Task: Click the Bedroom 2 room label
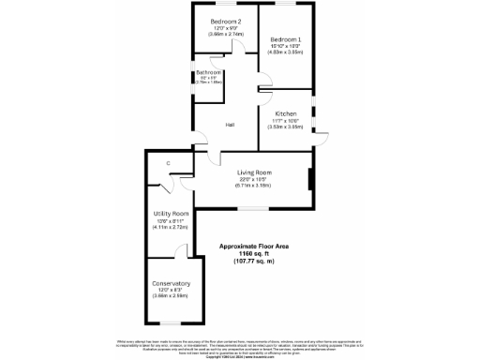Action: click(226, 22)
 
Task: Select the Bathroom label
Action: click(208, 72)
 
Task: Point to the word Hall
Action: click(229, 124)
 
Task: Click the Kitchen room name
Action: click(286, 113)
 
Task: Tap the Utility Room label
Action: click(171, 215)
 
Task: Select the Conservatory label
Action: click(171, 283)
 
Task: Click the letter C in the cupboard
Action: click(168, 164)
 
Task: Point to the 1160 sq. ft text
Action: click(253, 254)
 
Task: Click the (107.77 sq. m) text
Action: click(253, 262)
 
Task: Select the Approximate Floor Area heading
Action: click(253, 247)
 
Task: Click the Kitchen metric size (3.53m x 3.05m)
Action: click(286, 127)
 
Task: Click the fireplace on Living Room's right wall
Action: click(310, 178)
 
